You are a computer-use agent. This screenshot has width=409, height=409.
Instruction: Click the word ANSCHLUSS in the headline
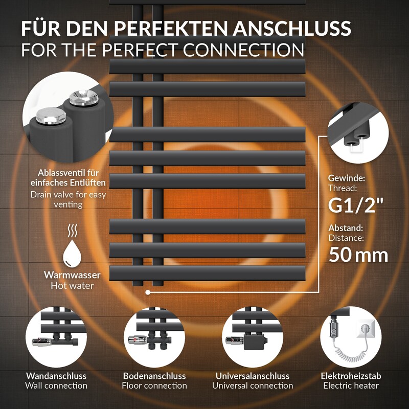292,28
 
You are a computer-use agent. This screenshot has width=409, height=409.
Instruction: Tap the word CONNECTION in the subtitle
243,50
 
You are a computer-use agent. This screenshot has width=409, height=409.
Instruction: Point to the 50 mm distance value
358,255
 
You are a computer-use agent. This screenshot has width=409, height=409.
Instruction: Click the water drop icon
72,253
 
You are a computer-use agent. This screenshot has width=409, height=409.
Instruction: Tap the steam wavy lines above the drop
72,231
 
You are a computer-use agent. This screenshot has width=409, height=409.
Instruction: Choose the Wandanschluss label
56,376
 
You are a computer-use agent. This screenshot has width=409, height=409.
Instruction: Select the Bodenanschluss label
154,376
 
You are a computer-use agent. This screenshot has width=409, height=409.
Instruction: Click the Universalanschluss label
253,376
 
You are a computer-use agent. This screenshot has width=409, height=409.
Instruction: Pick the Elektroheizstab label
351,376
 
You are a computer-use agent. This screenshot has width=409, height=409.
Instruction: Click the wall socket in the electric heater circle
365,329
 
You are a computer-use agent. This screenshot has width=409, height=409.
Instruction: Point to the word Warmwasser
72,275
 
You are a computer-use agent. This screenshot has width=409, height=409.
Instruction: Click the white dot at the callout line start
148,292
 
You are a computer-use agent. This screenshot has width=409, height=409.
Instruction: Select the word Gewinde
347,178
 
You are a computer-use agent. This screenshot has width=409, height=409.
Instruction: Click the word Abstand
346,228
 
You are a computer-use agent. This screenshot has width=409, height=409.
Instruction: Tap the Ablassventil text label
68,177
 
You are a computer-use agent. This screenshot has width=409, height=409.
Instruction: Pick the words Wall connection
56,385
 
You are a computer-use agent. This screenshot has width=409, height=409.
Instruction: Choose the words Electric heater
351,385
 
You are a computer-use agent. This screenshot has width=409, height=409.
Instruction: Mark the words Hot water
72,286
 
